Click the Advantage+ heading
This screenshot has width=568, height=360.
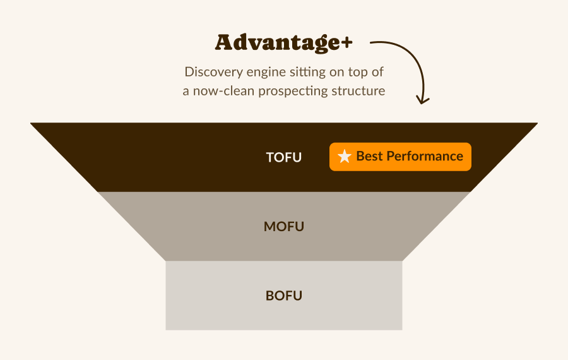click(x=283, y=43)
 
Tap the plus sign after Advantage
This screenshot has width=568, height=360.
click(x=346, y=43)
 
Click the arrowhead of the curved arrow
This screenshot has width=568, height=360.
click(x=422, y=100)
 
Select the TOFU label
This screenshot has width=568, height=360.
click(x=283, y=157)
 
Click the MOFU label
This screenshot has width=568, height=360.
click(x=283, y=227)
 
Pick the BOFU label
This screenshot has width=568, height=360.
click(x=283, y=296)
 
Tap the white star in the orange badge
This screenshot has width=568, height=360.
click(x=344, y=156)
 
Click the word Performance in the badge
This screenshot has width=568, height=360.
click(x=425, y=156)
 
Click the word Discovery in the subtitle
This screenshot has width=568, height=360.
click(x=214, y=72)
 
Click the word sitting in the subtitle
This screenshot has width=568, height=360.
click(x=309, y=73)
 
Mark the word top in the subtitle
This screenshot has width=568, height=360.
click(x=357, y=73)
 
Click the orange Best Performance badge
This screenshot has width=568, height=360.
click(x=400, y=157)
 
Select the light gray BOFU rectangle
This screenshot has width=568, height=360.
click(x=283, y=296)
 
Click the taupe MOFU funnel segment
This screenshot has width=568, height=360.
click(x=283, y=226)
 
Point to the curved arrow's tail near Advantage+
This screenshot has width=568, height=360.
click(x=370, y=43)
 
